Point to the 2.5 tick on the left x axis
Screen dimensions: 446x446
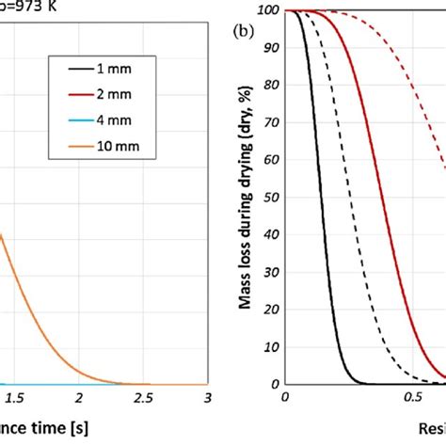[144, 400]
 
